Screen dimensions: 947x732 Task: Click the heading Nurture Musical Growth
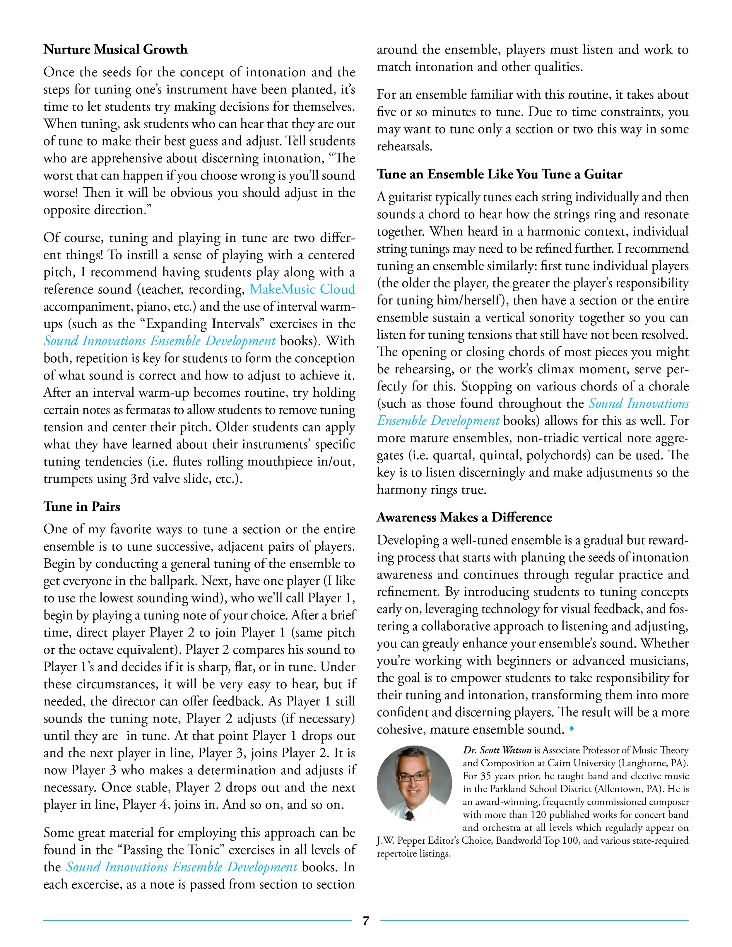(x=115, y=49)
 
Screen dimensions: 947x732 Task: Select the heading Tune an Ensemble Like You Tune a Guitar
(x=499, y=174)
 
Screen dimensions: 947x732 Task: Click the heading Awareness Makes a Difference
(x=464, y=517)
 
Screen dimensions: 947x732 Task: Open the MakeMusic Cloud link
(x=302, y=289)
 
